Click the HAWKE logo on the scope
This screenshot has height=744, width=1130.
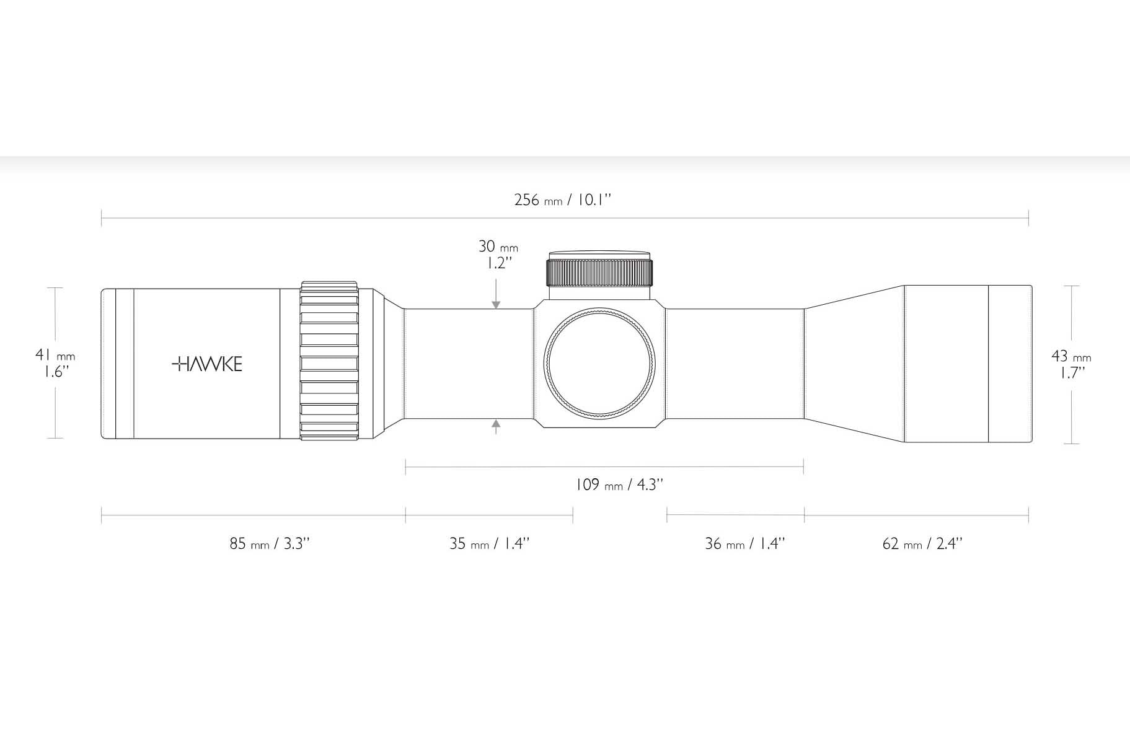point(206,364)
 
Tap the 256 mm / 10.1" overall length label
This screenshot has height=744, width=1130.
point(563,199)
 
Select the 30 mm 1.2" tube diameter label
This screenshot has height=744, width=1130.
point(498,254)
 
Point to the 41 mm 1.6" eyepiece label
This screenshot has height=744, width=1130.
point(55,363)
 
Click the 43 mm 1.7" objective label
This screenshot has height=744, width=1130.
point(1071,364)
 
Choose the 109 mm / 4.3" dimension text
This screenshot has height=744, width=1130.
point(619,484)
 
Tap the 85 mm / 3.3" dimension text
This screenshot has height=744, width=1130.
point(270,543)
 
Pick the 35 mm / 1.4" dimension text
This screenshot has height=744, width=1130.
point(490,543)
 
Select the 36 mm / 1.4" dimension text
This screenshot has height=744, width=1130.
point(745,543)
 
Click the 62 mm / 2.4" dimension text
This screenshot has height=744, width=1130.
point(922,543)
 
